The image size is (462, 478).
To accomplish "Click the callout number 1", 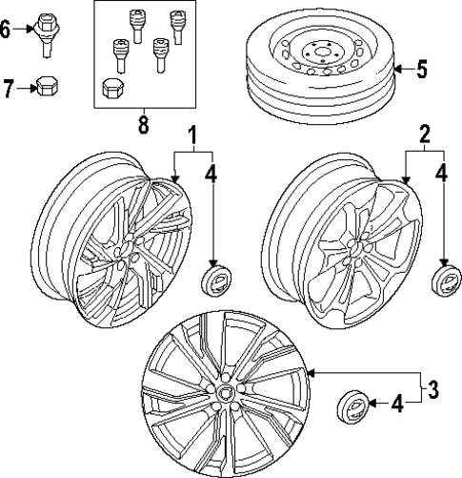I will pyautogui.click(x=193, y=136).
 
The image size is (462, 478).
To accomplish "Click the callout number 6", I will pyautogui.click(x=7, y=29).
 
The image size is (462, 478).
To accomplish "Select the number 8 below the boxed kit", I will pyautogui.click(x=144, y=124).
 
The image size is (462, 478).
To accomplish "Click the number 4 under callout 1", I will pyautogui.click(x=211, y=175).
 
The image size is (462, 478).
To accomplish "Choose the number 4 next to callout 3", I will pyautogui.click(x=399, y=405).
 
